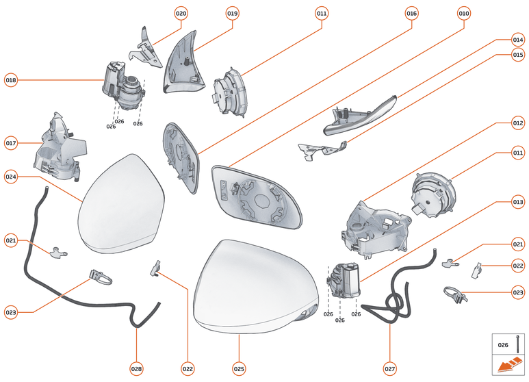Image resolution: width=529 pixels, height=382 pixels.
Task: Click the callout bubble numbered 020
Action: (x=181, y=13)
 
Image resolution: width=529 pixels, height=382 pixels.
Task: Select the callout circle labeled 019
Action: (x=232, y=13)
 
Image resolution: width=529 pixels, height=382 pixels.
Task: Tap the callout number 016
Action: (x=411, y=13)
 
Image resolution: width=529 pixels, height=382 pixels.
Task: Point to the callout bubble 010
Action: (x=464, y=13)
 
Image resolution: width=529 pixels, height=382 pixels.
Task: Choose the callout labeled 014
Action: (x=518, y=40)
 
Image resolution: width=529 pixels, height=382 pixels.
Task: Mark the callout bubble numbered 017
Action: (x=11, y=143)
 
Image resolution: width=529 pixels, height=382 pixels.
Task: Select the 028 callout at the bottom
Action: (x=136, y=368)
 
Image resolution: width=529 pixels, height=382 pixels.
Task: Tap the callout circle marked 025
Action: (x=239, y=368)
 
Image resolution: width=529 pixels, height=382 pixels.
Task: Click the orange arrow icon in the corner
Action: (x=509, y=366)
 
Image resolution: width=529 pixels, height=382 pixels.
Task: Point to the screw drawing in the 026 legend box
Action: (x=519, y=344)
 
